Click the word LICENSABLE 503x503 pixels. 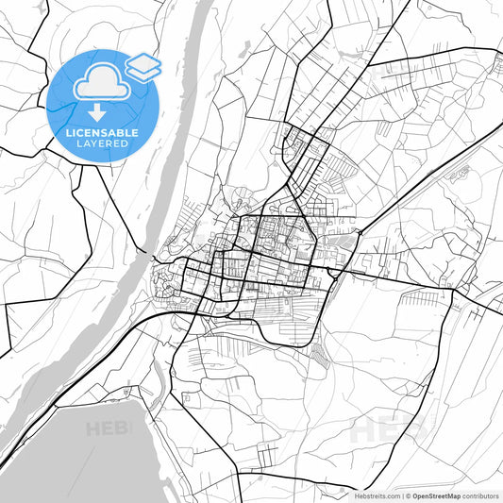click(102, 133)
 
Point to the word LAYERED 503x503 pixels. click(102, 145)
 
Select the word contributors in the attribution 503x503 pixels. click(480, 495)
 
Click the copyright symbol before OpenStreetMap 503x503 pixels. click(409, 495)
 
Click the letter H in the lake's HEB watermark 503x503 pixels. click(93, 429)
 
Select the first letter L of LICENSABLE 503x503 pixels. click(68, 133)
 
